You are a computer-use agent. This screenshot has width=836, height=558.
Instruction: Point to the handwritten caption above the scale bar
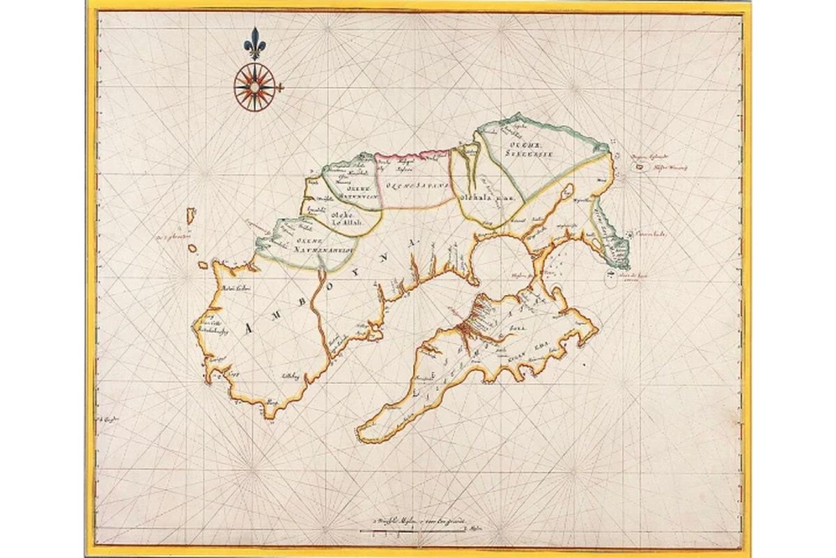click(418, 522)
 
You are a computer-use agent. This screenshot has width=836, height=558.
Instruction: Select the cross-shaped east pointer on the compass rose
click(279, 87)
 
